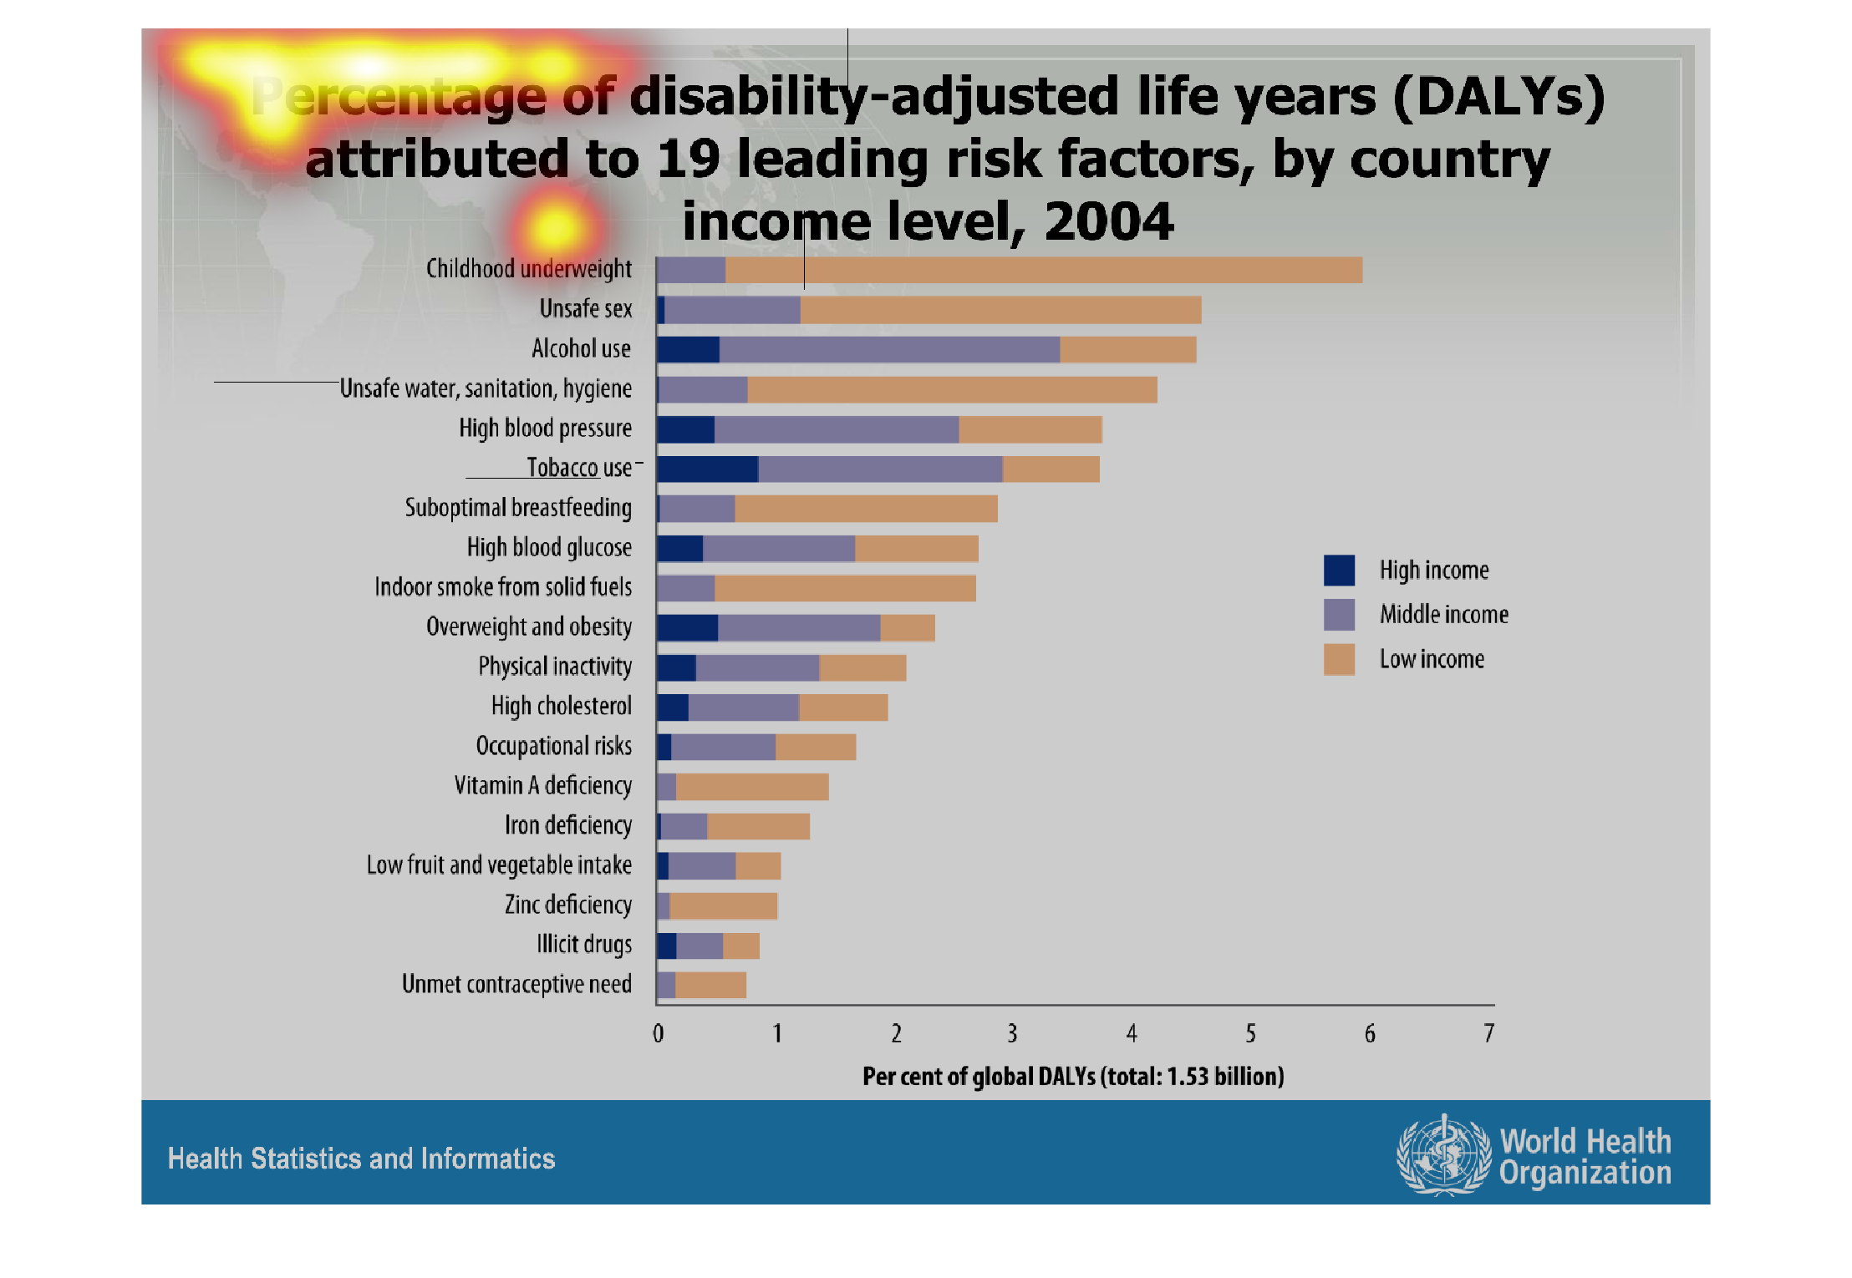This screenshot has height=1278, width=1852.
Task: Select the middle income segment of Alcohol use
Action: click(889, 349)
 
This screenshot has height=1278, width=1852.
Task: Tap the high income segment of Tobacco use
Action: click(707, 469)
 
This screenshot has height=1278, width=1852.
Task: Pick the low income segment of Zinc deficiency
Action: click(723, 905)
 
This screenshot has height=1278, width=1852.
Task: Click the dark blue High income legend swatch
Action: click(1339, 571)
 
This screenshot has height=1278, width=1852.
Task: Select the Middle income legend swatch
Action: click(1339, 615)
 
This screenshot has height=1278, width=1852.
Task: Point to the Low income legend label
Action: click(1432, 659)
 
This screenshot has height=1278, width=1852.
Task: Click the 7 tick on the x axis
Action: click(1488, 1034)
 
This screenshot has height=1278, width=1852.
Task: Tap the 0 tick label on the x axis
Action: click(659, 1034)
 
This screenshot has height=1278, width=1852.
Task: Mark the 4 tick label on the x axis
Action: click(1132, 1034)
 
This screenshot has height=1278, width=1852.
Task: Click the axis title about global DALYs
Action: click(1073, 1076)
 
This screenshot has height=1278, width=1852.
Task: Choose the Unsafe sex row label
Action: click(585, 309)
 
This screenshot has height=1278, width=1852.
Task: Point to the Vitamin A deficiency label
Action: click(542, 786)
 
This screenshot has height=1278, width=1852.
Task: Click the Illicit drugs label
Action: click(583, 945)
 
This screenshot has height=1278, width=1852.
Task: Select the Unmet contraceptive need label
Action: click(516, 984)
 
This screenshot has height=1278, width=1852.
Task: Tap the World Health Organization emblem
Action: click(1443, 1155)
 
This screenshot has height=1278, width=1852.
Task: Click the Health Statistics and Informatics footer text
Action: click(361, 1159)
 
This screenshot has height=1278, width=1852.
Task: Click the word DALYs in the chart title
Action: click(1499, 96)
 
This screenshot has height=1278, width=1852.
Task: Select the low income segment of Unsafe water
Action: click(952, 389)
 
